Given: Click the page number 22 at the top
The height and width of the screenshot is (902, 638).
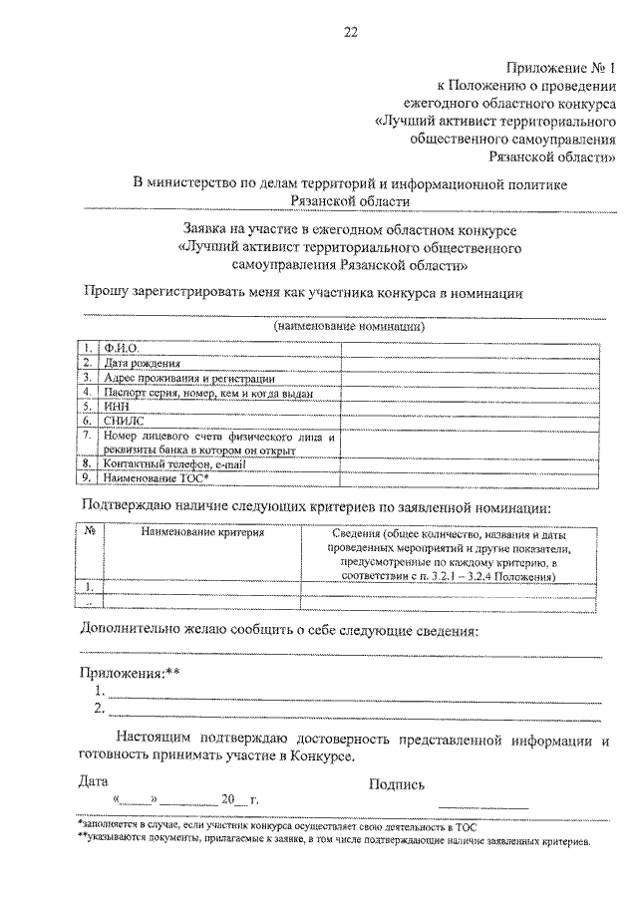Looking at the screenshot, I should [x=351, y=31].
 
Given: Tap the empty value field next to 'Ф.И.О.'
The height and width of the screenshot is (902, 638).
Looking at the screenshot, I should [x=469, y=348].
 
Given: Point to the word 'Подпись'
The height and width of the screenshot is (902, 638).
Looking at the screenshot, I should [x=397, y=784].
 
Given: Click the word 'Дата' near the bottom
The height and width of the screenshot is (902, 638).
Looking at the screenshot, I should [x=93, y=782].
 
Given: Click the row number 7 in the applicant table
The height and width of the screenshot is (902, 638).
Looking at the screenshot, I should [x=89, y=436].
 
